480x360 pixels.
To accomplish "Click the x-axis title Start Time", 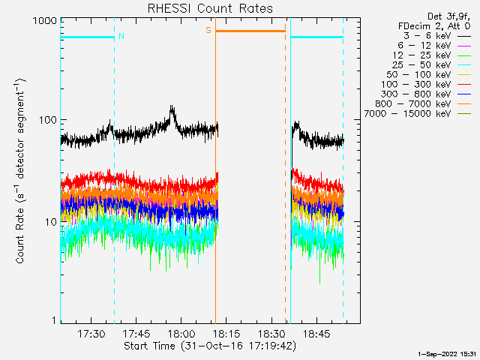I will [x=209, y=346].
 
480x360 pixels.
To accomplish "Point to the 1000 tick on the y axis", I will [x=45, y=22].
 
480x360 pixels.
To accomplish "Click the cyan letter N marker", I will [x=121, y=35].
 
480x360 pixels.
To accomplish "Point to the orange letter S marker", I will [x=208, y=31].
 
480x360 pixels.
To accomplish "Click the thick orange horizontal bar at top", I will [x=250, y=31].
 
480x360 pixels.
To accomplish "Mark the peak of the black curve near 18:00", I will [x=172, y=107].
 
